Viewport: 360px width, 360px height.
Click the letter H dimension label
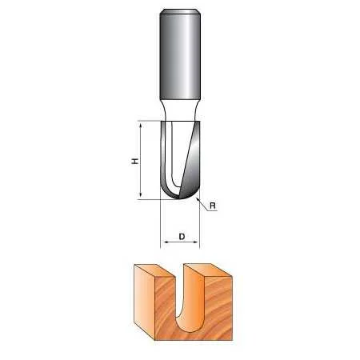pyautogui.click(x=135, y=161)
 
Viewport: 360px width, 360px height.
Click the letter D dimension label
pyautogui.click(x=182, y=236)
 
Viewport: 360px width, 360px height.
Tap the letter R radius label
pyautogui.click(x=213, y=206)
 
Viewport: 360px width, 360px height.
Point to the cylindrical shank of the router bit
pyautogui.click(x=180, y=54)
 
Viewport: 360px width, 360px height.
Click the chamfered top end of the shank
pyautogui.click(x=180, y=11)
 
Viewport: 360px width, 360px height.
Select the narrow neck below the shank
pyautogui.click(x=180, y=110)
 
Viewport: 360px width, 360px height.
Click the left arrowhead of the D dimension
pyautogui.click(x=165, y=242)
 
